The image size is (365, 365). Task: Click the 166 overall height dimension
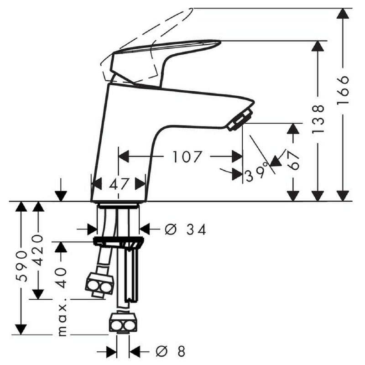pyautogui.click(x=343, y=90)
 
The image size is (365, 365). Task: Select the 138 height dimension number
pyautogui.click(x=318, y=119)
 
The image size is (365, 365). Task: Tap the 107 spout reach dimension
pyautogui.click(x=187, y=156)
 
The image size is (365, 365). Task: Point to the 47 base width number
pyautogui.click(x=119, y=184)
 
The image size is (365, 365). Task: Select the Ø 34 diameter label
pyautogui.click(x=186, y=230)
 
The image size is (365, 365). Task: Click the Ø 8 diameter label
pyautogui.click(x=171, y=351)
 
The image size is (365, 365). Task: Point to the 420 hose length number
pyautogui.click(x=38, y=250)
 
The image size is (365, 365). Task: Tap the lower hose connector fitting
pyautogui.click(x=123, y=323)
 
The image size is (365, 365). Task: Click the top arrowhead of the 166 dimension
pyautogui.click(x=343, y=14)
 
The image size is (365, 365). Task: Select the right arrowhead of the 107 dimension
pyautogui.click(x=237, y=156)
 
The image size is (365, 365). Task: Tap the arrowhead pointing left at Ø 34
pyautogui.click(x=145, y=229)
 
